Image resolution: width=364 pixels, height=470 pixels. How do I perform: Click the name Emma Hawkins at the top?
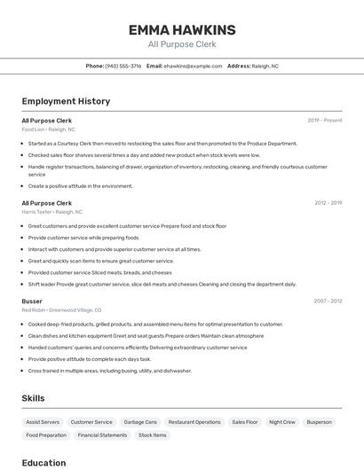[x=181, y=29]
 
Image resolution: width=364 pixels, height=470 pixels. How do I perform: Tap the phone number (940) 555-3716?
[x=123, y=66]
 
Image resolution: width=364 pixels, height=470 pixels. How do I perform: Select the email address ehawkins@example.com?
[x=193, y=66]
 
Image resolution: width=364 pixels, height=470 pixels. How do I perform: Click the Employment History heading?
[x=66, y=101]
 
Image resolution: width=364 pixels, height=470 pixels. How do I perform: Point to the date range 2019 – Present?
[x=324, y=120]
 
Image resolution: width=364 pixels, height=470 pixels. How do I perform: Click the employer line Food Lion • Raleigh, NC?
[x=48, y=129]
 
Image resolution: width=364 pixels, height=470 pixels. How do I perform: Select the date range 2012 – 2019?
[x=328, y=203]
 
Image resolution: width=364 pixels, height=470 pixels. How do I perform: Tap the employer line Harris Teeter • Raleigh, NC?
[x=51, y=212]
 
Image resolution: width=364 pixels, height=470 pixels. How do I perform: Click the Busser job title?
[x=32, y=301]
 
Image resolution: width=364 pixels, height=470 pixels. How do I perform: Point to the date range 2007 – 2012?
[x=328, y=301]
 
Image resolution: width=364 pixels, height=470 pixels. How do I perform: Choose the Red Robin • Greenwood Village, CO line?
[x=61, y=310]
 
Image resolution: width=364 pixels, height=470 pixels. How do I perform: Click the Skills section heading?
[x=33, y=398]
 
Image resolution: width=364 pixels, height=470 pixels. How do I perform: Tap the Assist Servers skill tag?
[x=43, y=422]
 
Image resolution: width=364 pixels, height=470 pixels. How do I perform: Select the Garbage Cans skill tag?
[x=140, y=422]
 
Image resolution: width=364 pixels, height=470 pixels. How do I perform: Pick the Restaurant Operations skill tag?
[x=194, y=422]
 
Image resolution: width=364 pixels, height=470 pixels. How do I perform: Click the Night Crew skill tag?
[x=282, y=422]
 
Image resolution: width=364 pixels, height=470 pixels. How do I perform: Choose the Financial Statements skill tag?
[x=102, y=435]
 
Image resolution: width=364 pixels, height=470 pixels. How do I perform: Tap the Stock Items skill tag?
[x=153, y=435]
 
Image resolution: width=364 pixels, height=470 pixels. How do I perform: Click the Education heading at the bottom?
[x=44, y=463]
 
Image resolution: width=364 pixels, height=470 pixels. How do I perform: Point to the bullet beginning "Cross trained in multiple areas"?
[x=109, y=371]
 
